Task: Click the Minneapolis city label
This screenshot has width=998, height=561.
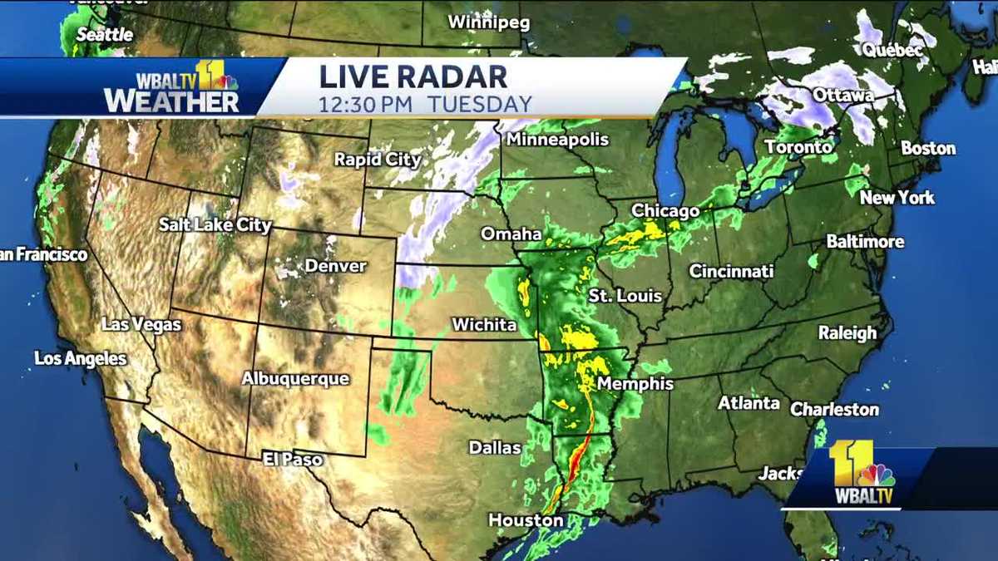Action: (556, 140)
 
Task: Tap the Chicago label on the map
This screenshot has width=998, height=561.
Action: (665, 211)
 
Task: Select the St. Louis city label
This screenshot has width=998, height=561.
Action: (625, 295)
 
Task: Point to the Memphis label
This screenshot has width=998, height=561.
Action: (635, 384)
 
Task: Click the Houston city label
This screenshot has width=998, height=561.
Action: (526, 520)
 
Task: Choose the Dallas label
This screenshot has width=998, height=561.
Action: (495, 447)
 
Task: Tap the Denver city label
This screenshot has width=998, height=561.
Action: (336, 266)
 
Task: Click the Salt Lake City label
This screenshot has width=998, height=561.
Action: (215, 224)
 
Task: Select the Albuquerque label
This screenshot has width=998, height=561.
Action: (295, 378)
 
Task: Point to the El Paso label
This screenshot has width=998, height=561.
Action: (292, 459)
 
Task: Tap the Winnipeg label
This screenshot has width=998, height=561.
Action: (489, 22)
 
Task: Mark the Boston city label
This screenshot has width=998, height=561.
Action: (928, 148)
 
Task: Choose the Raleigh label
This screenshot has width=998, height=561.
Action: (847, 332)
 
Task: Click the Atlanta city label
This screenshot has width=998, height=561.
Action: (748, 403)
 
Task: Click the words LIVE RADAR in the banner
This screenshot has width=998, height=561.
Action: (413, 76)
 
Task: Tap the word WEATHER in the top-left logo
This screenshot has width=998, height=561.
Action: (170, 101)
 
